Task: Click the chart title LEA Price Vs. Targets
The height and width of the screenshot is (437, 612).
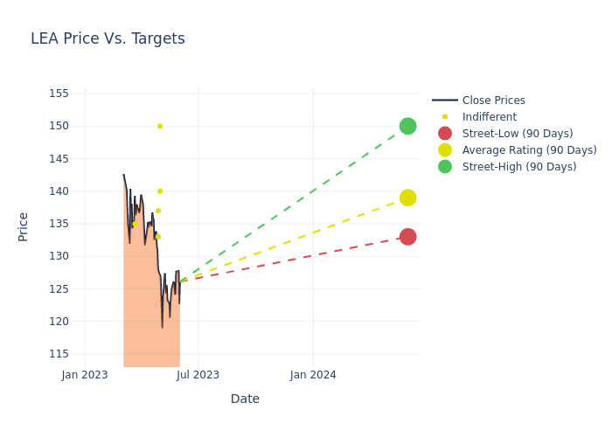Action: point(108,38)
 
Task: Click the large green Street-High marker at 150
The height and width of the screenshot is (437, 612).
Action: point(407,126)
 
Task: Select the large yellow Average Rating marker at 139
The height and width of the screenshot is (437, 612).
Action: point(407,198)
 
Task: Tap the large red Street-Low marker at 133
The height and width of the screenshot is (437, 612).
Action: point(407,237)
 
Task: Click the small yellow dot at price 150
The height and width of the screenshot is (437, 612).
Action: point(160,126)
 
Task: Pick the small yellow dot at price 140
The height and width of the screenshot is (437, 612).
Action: point(160,191)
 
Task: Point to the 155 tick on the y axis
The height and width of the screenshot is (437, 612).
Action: point(59,94)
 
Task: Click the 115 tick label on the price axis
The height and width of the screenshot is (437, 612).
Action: point(59,354)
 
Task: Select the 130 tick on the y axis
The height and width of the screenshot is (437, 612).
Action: point(59,256)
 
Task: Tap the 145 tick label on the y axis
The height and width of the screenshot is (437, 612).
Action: point(59,159)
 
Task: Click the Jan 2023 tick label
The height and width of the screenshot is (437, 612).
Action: point(85,375)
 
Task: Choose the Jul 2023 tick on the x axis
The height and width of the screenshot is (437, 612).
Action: point(198,375)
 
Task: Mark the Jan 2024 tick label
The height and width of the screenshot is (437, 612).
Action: point(313,375)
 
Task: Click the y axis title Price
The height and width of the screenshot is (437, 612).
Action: point(24,226)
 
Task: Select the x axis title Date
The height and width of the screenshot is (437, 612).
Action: point(245,399)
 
